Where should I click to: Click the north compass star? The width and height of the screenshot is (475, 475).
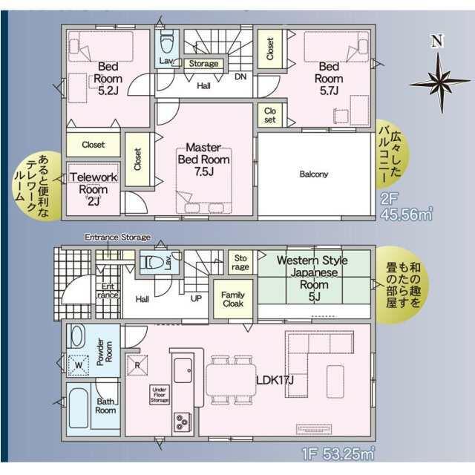click(441, 82)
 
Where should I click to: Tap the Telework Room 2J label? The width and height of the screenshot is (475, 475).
click(94, 189)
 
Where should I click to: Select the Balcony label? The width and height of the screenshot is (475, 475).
click(313, 174)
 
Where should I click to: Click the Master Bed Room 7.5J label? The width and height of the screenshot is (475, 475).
click(203, 160)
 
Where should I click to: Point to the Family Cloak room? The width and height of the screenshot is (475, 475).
click(233, 299)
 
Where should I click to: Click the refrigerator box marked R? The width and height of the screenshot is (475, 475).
click(137, 365)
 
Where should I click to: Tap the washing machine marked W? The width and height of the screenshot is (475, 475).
click(79, 365)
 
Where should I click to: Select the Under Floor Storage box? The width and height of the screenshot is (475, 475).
click(160, 395)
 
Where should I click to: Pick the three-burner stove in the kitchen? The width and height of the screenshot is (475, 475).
click(183, 422)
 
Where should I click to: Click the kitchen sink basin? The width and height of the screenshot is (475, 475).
click(183, 370)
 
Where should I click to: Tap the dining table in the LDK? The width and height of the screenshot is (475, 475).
click(231, 380)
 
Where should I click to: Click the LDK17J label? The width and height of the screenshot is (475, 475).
click(275, 380)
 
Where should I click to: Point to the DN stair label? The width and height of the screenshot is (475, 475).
click(240, 76)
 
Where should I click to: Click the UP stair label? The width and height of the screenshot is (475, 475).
click(196, 298)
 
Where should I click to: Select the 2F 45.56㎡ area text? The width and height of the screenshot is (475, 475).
click(406, 206)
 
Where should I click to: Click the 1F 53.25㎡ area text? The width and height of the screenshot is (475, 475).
click(338, 453)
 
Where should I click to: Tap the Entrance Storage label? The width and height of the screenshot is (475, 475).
click(117, 237)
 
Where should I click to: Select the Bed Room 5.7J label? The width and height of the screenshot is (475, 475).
click(329, 79)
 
